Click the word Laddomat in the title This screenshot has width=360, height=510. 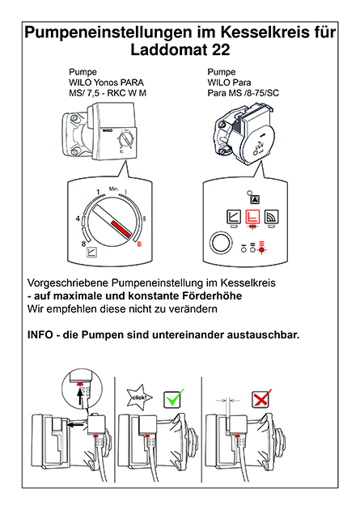point(168,49)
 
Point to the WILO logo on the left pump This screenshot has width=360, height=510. point(108,130)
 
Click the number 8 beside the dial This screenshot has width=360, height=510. point(83,244)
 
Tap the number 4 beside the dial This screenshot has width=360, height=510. point(78,219)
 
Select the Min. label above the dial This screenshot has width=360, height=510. point(114,189)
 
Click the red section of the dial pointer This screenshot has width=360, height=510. point(121,228)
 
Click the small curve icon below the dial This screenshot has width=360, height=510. point(92,253)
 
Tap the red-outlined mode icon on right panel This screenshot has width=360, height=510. point(252,216)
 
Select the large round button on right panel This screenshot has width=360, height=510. point(222,243)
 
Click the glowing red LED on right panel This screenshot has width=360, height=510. point(261,250)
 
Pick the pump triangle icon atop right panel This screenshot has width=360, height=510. point(255,199)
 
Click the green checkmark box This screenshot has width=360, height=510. point(173,398)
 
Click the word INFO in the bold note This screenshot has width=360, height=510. point(40,334)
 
